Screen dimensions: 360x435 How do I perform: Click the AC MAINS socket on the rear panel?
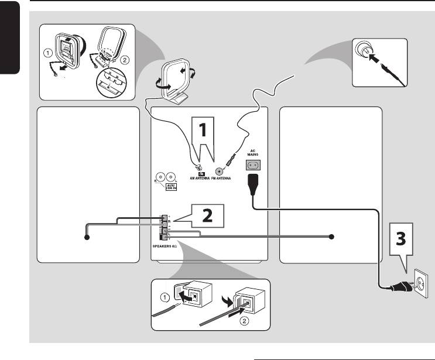click(x=252, y=166)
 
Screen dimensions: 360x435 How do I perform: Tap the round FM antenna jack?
click(x=220, y=172)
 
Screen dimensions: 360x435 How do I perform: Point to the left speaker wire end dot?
click(x=86, y=237)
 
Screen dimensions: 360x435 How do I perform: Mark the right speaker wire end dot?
click(x=331, y=237)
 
